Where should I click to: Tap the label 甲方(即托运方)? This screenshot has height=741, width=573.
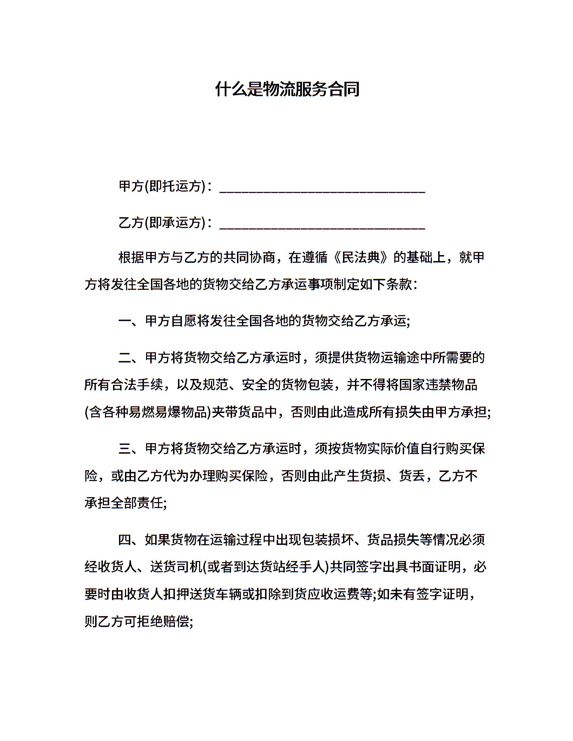[x=162, y=186]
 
